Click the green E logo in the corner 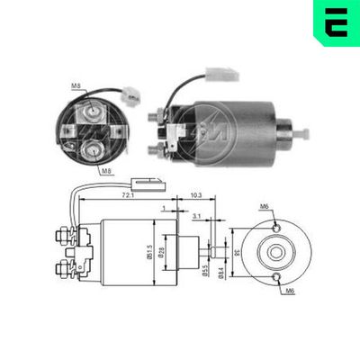(x=335, y=22)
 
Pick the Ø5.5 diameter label (x=206, y=270)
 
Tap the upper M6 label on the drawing (x=265, y=207)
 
